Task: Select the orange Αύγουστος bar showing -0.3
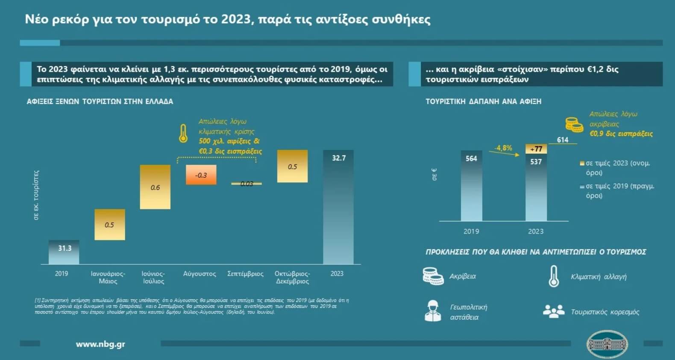pyautogui.click(x=201, y=175)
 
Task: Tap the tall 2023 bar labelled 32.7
pyautogui.click(x=338, y=207)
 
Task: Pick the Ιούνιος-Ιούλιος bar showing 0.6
pyautogui.click(x=155, y=187)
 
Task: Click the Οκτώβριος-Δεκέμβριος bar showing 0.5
pyautogui.click(x=292, y=166)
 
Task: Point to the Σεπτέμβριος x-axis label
pyautogui.click(x=245, y=274)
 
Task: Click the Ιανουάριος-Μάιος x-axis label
pyautogui.click(x=108, y=277)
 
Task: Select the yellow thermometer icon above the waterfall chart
pyautogui.click(x=183, y=133)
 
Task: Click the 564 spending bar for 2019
pyautogui.click(x=471, y=186)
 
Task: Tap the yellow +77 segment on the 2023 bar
pyautogui.click(x=536, y=149)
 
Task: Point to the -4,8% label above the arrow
pyautogui.click(x=503, y=148)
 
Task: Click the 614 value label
pyautogui.click(x=563, y=140)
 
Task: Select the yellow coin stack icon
pyautogui.click(x=574, y=125)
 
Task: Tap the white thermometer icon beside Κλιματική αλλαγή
pyautogui.click(x=554, y=276)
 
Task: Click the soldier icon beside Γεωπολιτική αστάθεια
pyautogui.click(x=433, y=311)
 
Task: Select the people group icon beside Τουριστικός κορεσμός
pyautogui.click(x=554, y=311)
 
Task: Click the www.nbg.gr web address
pyautogui.click(x=100, y=344)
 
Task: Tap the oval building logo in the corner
pyautogui.click(x=607, y=344)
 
